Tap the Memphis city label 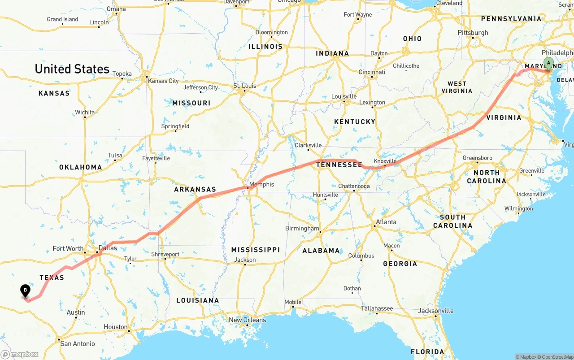coord(261,184)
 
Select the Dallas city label coord(108,248)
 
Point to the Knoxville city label coord(385,161)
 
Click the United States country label coord(72,69)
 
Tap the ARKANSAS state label coord(195,190)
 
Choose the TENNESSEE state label coord(339,165)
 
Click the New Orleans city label coord(247,320)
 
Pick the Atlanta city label coord(386,222)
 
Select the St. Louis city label coord(244,86)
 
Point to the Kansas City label coord(163,81)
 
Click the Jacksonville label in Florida coord(436,311)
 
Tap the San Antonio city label coord(78,344)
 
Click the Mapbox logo coord(20,354)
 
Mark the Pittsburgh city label coord(473,33)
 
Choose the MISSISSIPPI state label coord(255,250)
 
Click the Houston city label coord(116,327)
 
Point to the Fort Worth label coord(68,248)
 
